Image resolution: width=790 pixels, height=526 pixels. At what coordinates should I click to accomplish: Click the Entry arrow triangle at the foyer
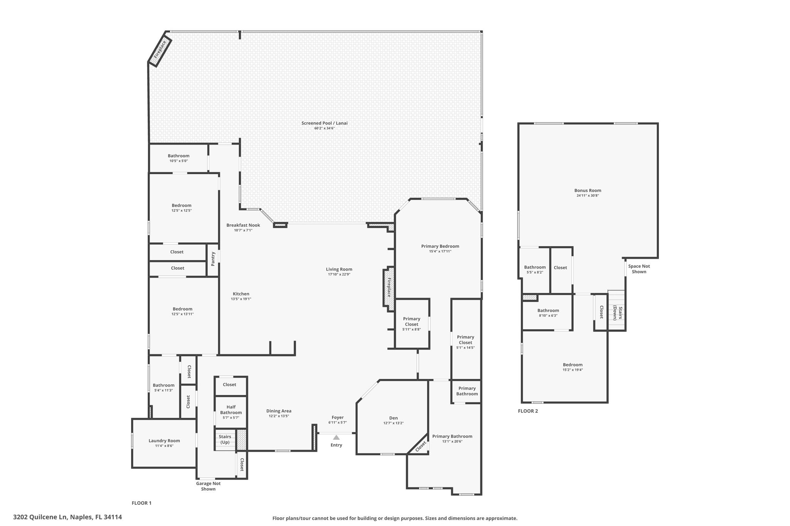click(336, 437)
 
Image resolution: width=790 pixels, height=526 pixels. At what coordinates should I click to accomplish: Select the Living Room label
click(339, 269)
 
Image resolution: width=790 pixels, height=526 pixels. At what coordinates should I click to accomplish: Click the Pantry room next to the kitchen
click(213, 259)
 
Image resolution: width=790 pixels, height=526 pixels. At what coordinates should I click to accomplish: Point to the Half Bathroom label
click(231, 410)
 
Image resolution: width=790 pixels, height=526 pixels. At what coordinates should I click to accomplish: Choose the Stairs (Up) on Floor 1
click(225, 439)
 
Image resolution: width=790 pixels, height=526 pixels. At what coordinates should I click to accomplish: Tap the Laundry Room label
click(164, 441)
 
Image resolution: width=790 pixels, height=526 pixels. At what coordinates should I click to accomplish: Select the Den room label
click(393, 418)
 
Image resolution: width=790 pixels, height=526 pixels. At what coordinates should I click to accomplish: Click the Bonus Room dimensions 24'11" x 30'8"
click(587, 196)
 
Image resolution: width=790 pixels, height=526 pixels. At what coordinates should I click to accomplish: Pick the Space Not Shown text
click(639, 269)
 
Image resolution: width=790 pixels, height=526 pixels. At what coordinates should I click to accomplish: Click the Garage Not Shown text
click(208, 486)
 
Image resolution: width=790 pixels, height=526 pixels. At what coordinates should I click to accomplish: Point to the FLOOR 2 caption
click(528, 411)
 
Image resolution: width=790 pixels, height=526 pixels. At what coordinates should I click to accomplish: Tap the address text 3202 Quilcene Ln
click(68, 517)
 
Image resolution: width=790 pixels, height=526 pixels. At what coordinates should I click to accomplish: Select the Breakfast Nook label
click(243, 225)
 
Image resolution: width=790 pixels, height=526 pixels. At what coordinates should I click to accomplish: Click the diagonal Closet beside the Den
click(420, 446)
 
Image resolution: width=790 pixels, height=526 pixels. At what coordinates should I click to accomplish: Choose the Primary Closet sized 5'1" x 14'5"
click(465, 342)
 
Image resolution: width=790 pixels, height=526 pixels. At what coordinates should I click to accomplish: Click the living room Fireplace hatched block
click(389, 287)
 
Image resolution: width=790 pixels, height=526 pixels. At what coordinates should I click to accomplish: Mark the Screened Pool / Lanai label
click(324, 123)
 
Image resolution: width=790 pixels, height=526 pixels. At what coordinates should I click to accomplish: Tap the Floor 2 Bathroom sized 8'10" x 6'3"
click(548, 313)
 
